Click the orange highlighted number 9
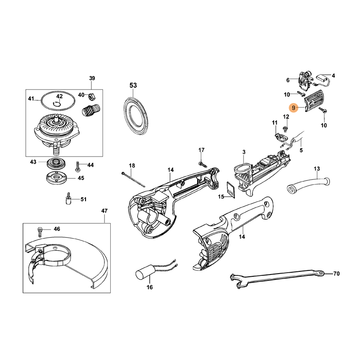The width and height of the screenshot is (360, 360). [x=294, y=107]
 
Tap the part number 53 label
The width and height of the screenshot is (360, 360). [x=133, y=85]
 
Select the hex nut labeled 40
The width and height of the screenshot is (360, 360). [x=91, y=97]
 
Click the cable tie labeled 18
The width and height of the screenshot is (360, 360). [x=133, y=180]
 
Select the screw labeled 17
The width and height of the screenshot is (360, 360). [x=202, y=164]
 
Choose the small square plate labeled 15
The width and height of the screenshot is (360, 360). [x=231, y=189]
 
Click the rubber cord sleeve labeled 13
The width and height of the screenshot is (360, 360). [x=309, y=184]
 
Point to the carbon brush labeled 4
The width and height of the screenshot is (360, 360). [x=323, y=80]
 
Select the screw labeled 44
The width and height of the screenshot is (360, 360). [x=77, y=166]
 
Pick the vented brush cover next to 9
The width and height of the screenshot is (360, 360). [x=312, y=101]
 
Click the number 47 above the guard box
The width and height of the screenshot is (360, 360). [x=104, y=211]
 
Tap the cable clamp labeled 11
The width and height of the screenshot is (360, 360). [x=281, y=138]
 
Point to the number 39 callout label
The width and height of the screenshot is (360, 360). [x=92, y=78]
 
